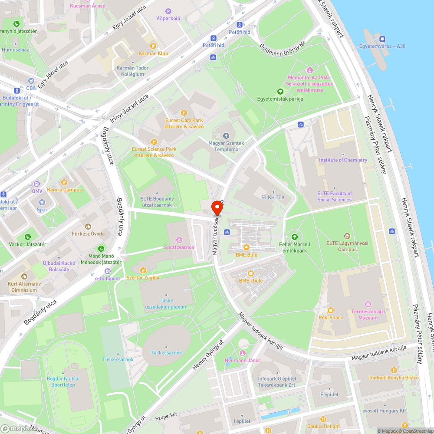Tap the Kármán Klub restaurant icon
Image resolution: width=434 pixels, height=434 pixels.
[x=153, y=46]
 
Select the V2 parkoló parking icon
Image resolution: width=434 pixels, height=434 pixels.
[x=168, y=11]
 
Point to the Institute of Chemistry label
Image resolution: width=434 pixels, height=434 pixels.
[x=343, y=160]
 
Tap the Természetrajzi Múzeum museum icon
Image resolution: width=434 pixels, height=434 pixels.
[x=368, y=304]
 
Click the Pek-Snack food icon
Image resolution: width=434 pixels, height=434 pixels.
[x=331, y=310]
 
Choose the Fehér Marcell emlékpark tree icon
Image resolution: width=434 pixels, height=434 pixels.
[x=295, y=237]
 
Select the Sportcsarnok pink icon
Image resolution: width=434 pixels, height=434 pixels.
[x=179, y=240]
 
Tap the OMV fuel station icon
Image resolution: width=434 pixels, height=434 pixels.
[x=36, y=184]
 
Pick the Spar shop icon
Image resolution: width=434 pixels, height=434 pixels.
[x=42, y=202]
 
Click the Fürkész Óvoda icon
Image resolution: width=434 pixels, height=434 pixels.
[x=88, y=226]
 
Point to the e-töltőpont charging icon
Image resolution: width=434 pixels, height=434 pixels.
[x=102, y=271]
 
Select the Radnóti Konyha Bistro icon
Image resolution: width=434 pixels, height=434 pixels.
[x=394, y=370]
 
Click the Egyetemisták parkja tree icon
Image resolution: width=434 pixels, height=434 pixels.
[x=280, y=92]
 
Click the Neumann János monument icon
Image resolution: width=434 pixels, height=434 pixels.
[x=242, y=353]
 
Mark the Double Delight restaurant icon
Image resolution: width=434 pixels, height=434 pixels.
[x=323, y=419]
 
